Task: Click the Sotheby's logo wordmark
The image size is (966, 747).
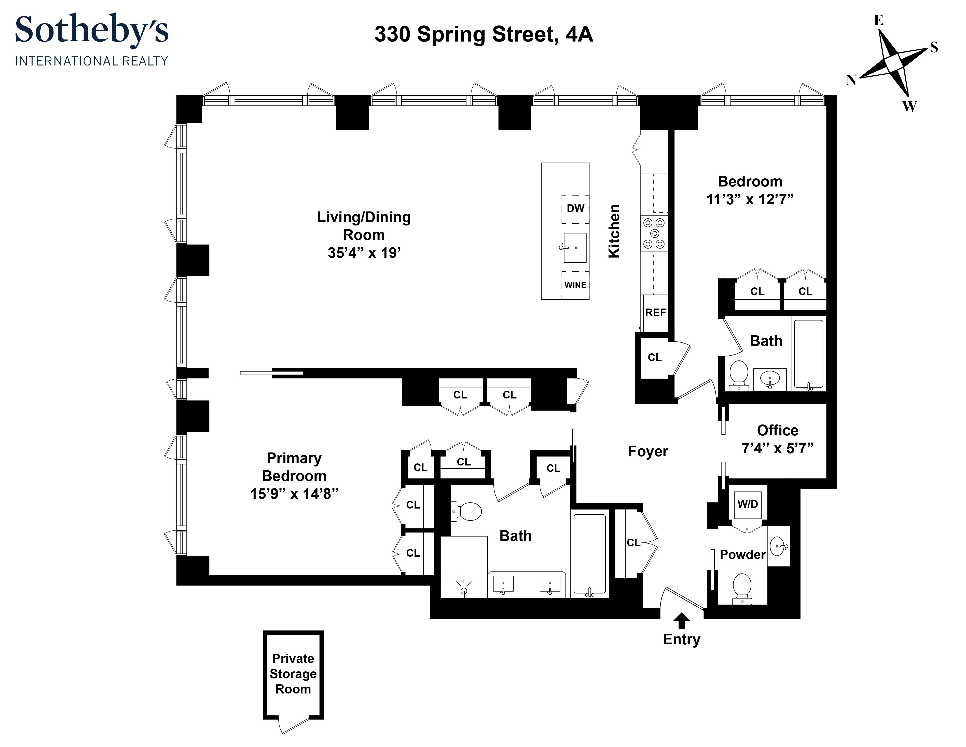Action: [x=92, y=30]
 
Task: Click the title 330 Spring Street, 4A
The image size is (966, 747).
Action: [x=484, y=34]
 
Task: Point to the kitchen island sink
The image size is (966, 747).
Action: [x=575, y=248]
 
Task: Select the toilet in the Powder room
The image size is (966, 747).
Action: [x=742, y=589]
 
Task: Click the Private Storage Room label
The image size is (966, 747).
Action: [x=293, y=674]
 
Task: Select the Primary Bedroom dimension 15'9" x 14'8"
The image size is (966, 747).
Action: [x=294, y=494]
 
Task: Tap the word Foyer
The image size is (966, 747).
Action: [x=648, y=451]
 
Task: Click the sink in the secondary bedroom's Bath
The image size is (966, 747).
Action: [x=770, y=379]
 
